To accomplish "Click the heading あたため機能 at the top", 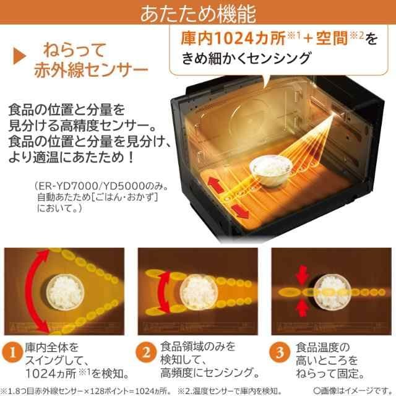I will [x=198, y=13].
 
